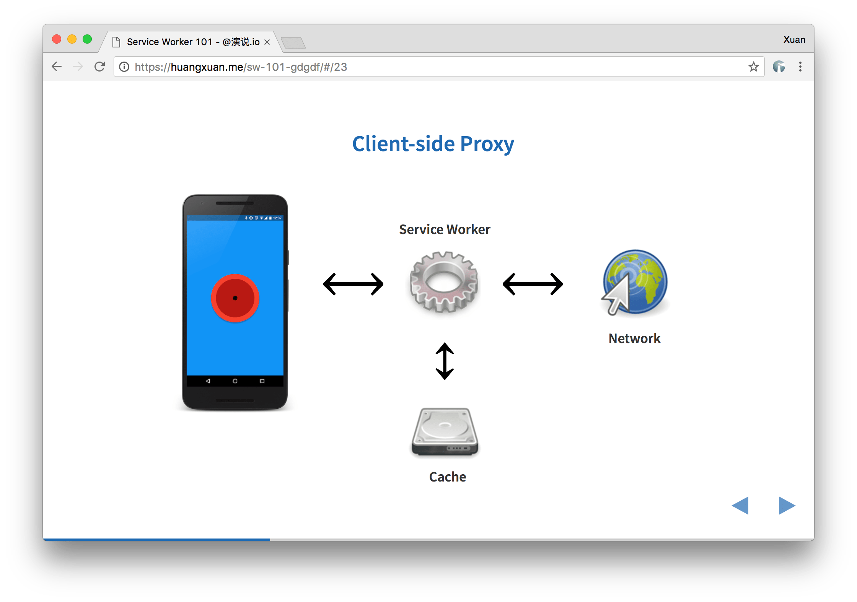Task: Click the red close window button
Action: click(57, 39)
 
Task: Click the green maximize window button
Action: click(87, 39)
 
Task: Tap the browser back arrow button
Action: click(57, 67)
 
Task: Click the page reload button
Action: click(100, 67)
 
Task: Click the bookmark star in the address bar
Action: click(753, 67)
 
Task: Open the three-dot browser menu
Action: click(800, 67)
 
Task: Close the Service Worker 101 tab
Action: click(267, 42)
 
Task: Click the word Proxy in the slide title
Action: click(487, 144)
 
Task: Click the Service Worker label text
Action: click(445, 229)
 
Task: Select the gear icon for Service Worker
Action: click(444, 282)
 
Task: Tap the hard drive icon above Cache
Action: click(445, 432)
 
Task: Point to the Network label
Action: click(634, 338)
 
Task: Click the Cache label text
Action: click(448, 477)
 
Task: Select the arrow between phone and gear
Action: click(353, 284)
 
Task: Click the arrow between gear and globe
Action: click(533, 284)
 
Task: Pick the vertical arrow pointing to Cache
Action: click(445, 361)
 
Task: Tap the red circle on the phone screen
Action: click(235, 298)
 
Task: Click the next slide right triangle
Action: click(786, 506)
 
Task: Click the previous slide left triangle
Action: click(740, 506)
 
